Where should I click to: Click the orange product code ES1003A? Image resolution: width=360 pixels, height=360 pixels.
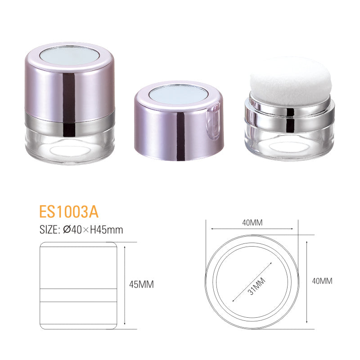pyautogui.click(x=69, y=211)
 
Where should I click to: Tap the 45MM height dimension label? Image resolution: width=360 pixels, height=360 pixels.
pyautogui.click(x=141, y=284)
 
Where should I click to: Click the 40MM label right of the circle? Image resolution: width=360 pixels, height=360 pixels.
pyautogui.click(x=322, y=281)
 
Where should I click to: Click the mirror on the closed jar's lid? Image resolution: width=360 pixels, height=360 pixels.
pyautogui.click(x=69, y=55)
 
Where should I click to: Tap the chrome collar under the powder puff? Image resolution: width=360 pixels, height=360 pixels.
pyautogui.click(x=289, y=112)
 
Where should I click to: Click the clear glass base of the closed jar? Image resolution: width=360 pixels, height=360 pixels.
pyautogui.click(x=69, y=146)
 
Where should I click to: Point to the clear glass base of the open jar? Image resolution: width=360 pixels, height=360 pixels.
pyautogui.click(x=289, y=143)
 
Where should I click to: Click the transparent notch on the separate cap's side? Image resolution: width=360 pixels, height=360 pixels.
pyautogui.click(x=215, y=119)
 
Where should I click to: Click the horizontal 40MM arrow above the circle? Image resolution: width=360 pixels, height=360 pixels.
pyautogui.click(x=252, y=229)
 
